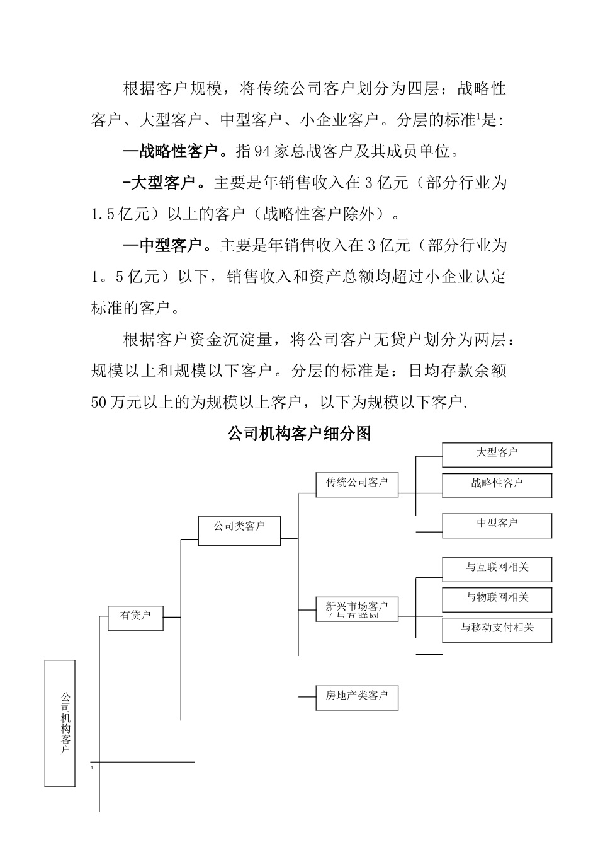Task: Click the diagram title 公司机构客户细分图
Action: click(299, 434)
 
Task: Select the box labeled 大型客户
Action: click(497, 454)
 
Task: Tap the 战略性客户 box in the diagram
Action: click(497, 485)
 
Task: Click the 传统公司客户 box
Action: click(357, 483)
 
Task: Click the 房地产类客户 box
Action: click(357, 697)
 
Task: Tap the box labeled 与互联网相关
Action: click(497, 568)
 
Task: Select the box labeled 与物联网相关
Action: click(497, 599)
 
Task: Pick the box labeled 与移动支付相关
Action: click(497, 628)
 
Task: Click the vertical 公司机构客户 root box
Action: click(60, 723)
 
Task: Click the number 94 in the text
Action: click(261, 152)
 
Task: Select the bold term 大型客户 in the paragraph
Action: click(167, 183)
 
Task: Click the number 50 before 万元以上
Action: click(99, 403)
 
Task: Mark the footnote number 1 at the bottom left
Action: click(92, 769)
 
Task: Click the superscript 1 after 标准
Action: click(478, 116)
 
